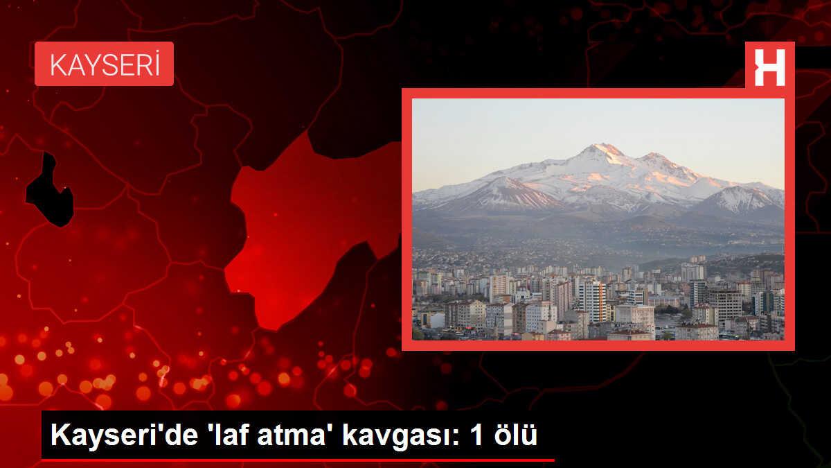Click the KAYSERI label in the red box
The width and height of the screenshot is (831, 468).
pos(104,64)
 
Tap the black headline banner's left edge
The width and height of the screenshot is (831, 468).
pos(44,437)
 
